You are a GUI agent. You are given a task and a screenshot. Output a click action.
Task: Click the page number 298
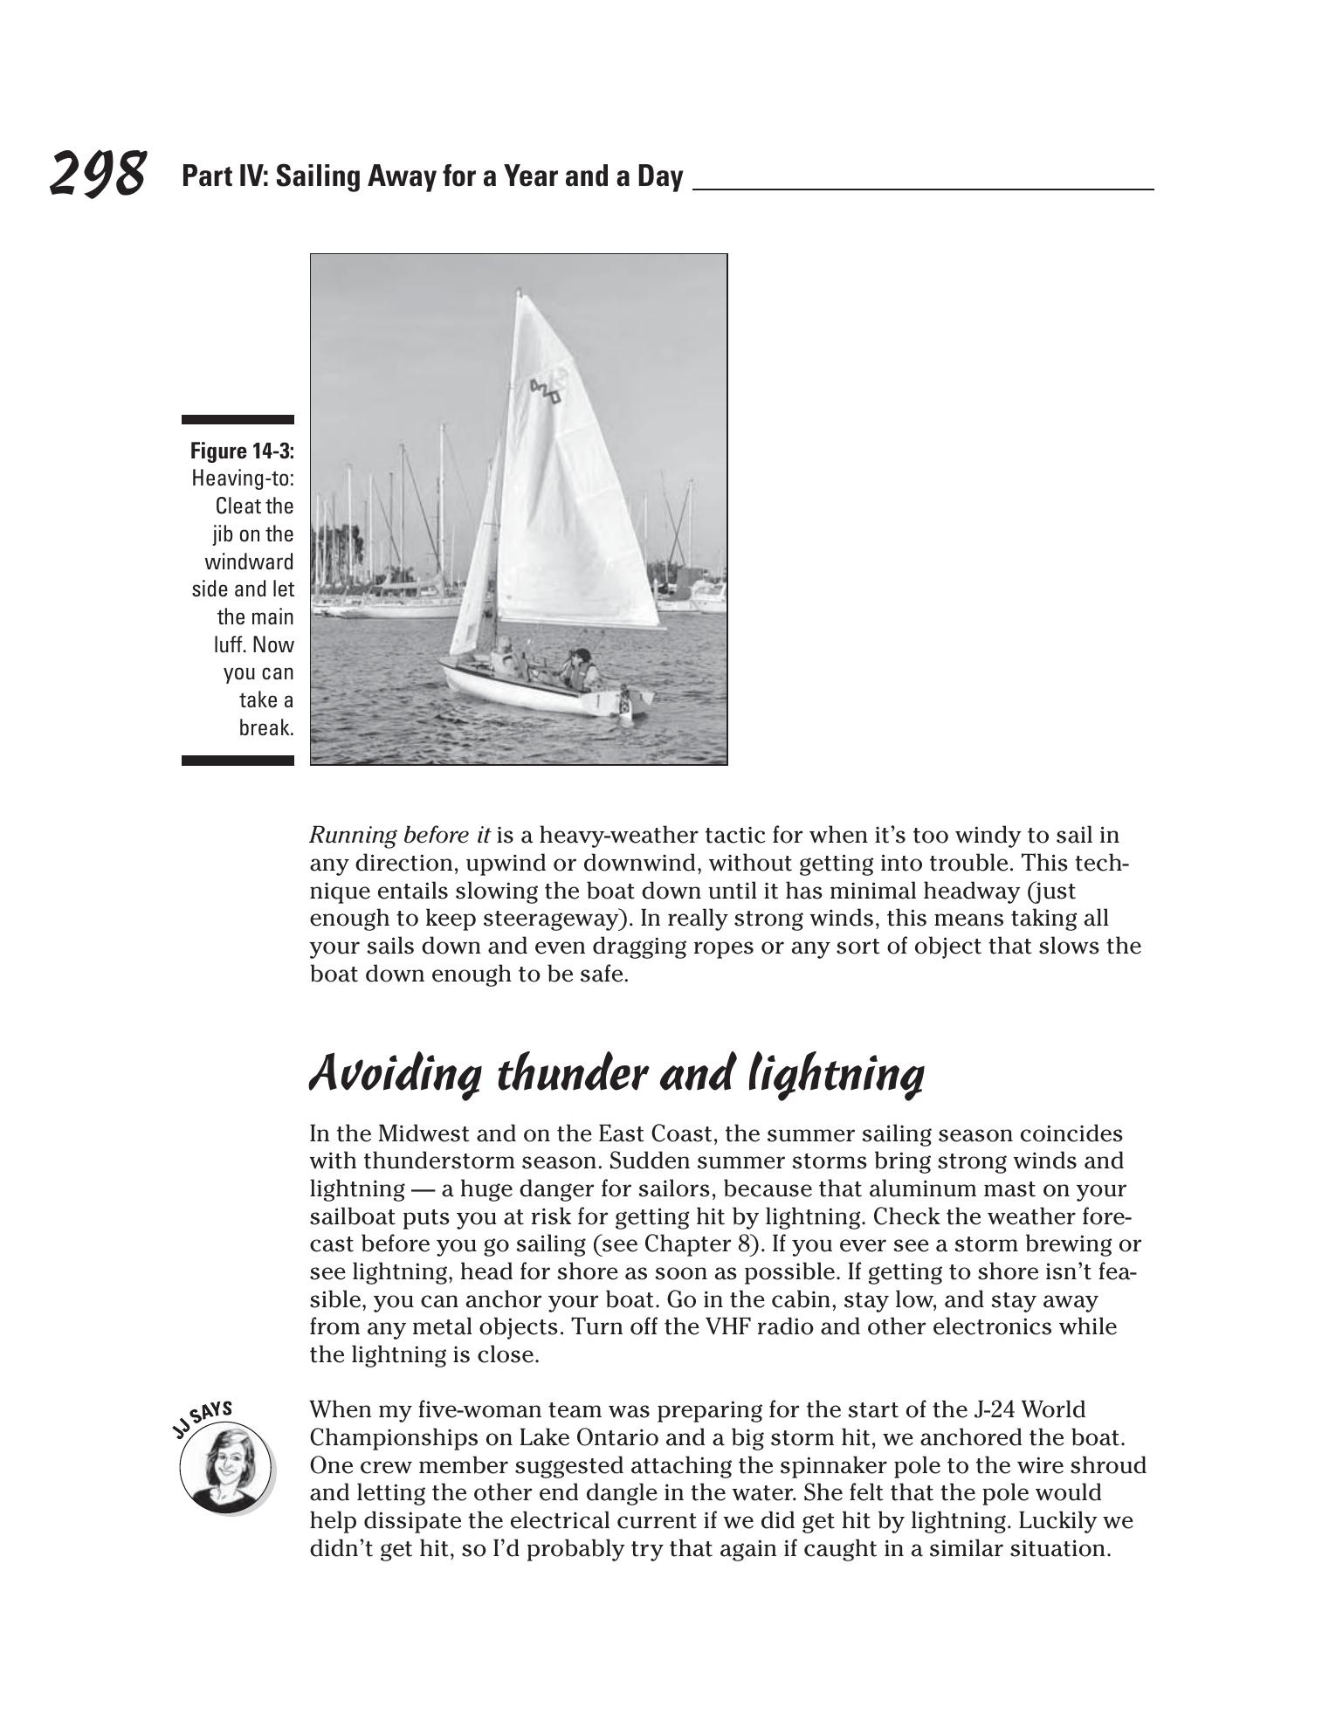97,174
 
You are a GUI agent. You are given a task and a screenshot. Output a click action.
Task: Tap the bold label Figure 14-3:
242,451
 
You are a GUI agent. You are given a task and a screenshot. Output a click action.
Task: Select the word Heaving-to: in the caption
242,479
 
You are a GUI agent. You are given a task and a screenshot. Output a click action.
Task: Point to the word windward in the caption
249,561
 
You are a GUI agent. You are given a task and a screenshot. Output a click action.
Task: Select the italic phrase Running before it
399,836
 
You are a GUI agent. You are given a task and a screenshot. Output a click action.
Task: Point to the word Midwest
423,1134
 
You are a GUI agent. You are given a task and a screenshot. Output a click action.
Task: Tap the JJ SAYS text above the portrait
203,1418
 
